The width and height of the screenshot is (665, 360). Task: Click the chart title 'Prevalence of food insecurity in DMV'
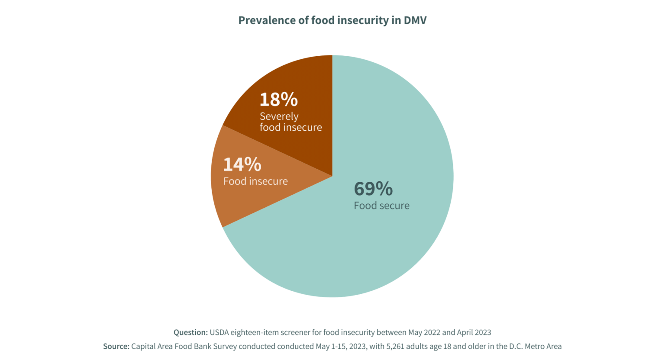(x=332, y=20)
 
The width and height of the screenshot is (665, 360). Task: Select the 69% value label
(x=373, y=189)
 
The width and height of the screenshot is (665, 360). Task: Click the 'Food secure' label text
(x=381, y=206)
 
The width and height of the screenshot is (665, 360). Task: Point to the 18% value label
(x=278, y=100)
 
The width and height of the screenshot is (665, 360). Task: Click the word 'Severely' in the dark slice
(x=279, y=116)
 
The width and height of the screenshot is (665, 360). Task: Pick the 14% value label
(x=242, y=164)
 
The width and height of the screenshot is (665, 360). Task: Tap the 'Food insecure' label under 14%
(x=255, y=181)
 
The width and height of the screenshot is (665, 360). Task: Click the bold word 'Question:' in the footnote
(x=190, y=332)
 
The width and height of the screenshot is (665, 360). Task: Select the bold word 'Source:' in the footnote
(x=116, y=346)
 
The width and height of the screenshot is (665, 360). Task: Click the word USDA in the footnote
(x=219, y=332)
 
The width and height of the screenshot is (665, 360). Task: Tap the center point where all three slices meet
(x=332, y=176)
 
